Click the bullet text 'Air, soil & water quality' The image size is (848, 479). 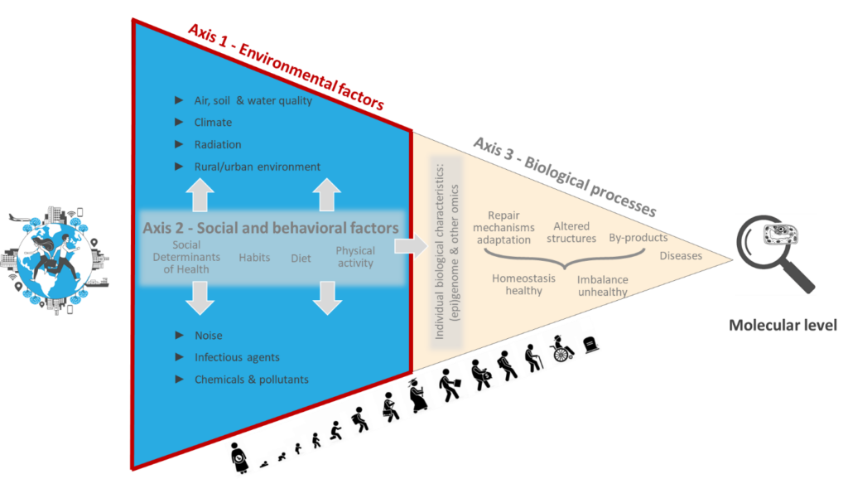pyautogui.click(x=253, y=101)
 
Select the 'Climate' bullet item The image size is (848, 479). pyautogui.click(x=213, y=123)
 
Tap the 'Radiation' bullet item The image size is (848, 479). pyautogui.click(x=218, y=145)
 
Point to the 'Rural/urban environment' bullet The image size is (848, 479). pyautogui.click(x=257, y=167)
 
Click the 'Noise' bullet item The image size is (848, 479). pyautogui.click(x=208, y=336)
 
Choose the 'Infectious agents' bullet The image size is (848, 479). pyautogui.click(x=237, y=358)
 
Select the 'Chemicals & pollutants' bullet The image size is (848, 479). pyautogui.click(x=251, y=380)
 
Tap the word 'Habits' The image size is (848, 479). pyautogui.click(x=254, y=258)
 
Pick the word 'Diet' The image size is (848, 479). pyautogui.click(x=301, y=259)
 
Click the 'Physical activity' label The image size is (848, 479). pyautogui.click(x=355, y=257)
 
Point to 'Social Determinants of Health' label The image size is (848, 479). pyautogui.click(x=186, y=257)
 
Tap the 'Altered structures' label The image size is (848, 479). pyautogui.click(x=571, y=232)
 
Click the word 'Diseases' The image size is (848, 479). pyautogui.click(x=681, y=256)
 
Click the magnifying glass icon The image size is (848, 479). pyautogui.click(x=776, y=254)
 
